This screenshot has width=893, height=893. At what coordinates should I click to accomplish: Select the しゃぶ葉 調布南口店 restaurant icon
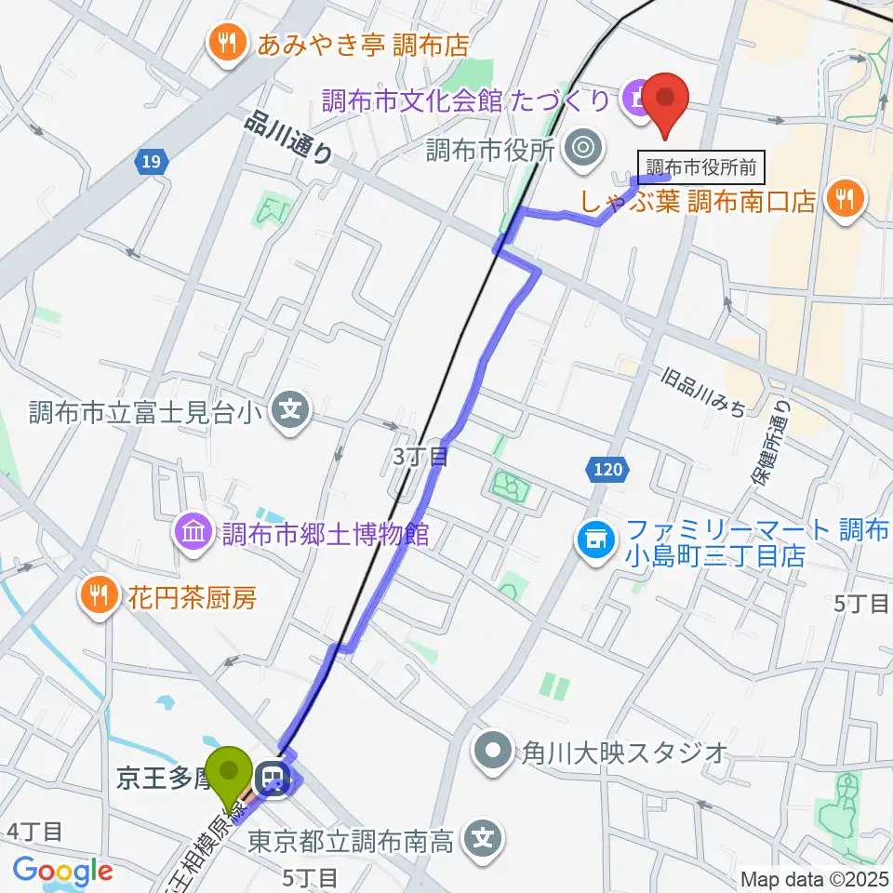846,198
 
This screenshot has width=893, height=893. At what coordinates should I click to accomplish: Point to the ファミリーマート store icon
595,537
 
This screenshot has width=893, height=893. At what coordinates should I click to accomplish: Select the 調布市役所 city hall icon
583,147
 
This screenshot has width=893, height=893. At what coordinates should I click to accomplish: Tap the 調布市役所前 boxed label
701,167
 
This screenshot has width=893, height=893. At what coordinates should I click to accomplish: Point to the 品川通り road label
290,137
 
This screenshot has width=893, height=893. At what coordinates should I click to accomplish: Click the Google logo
62,872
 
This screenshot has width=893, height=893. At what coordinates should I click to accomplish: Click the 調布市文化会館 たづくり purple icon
639,97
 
